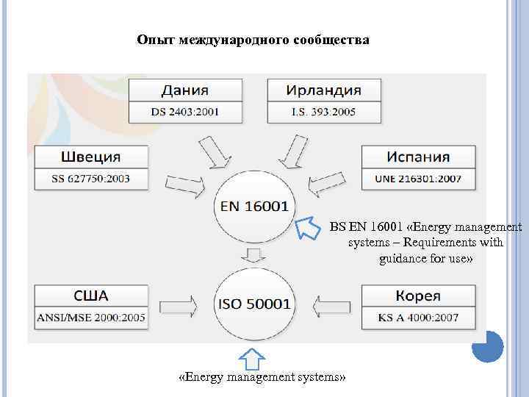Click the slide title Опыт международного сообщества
pos(253,39)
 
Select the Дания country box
pos(184,90)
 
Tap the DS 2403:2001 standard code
pos(184,112)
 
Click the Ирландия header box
pos(323,90)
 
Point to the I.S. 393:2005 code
pos(323,112)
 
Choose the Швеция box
pos(91,157)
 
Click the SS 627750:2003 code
pos(91,179)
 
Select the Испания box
pos(418,157)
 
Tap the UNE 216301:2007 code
pos(418,179)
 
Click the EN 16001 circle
pos(254,207)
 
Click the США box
pos(91,296)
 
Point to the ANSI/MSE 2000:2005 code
pos(91,318)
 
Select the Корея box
pos(418,296)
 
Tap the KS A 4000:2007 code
pos(418,318)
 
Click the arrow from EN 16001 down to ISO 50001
pos(254,255)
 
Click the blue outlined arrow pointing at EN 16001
pos(308,229)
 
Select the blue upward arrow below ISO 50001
pos(252,357)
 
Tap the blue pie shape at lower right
pos(487,346)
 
